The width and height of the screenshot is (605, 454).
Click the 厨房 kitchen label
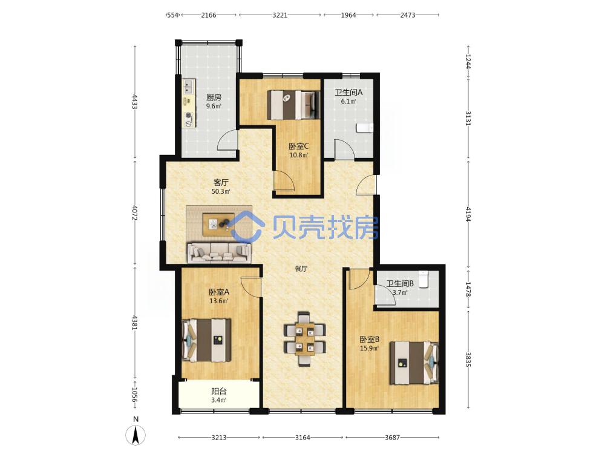214,97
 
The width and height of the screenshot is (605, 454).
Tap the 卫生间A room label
348,92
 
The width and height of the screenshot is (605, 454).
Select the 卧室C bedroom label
299,146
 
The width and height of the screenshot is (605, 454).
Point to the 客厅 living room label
221,182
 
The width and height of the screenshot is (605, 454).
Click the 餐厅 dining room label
301,269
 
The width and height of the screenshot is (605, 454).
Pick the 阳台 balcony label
219,391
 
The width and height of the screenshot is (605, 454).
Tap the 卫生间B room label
400,283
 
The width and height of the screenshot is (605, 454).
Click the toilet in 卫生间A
365,128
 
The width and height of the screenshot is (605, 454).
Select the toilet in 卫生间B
423,279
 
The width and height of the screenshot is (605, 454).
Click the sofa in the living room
219,252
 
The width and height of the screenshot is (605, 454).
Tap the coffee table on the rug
219,224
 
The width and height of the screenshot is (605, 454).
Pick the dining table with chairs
305,338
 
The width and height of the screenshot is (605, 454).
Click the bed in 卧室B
414,363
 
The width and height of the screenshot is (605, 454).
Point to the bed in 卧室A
206,340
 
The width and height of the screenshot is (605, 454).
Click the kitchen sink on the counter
189,86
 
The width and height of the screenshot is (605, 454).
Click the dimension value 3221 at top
280,15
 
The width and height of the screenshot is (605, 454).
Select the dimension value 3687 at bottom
392,438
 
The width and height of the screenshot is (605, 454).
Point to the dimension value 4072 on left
135,212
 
